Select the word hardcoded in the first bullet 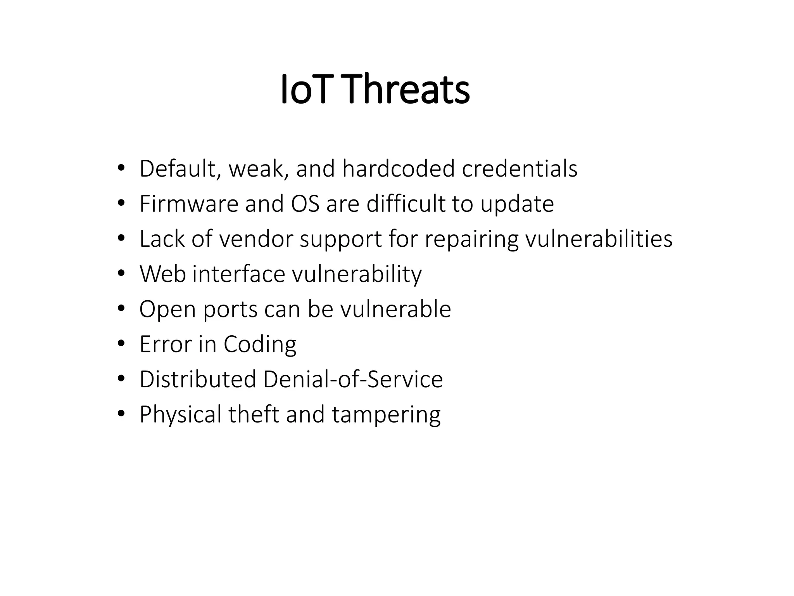pyautogui.click(x=399, y=169)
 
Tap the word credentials pyautogui.click(x=520, y=169)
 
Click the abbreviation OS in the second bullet pyautogui.click(x=305, y=204)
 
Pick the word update pyautogui.click(x=517, y=204)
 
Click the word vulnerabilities pyautogui.click(x=599, y=239)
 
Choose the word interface pyautogui.click(x=239, y=274)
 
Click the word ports pyautogui.click(x=230, y=310)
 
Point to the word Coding pyautogui.click(x=260, y=345)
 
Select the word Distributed pyautogui.click(x=198, y=379)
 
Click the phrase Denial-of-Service pyautogui.click(x=353, y=379)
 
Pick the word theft pyautogui.click(x=254, y=414)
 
